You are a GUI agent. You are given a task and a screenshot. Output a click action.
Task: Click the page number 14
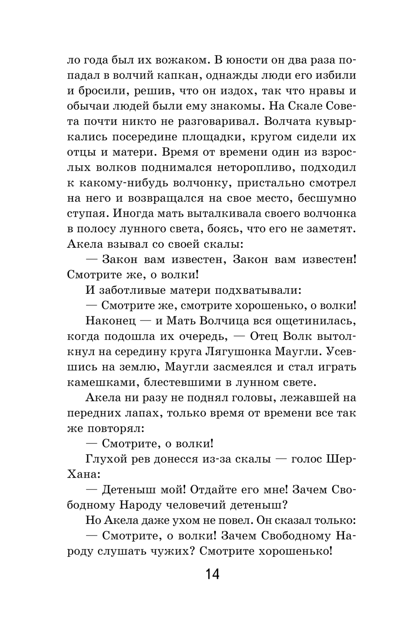tap(212, 573)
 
